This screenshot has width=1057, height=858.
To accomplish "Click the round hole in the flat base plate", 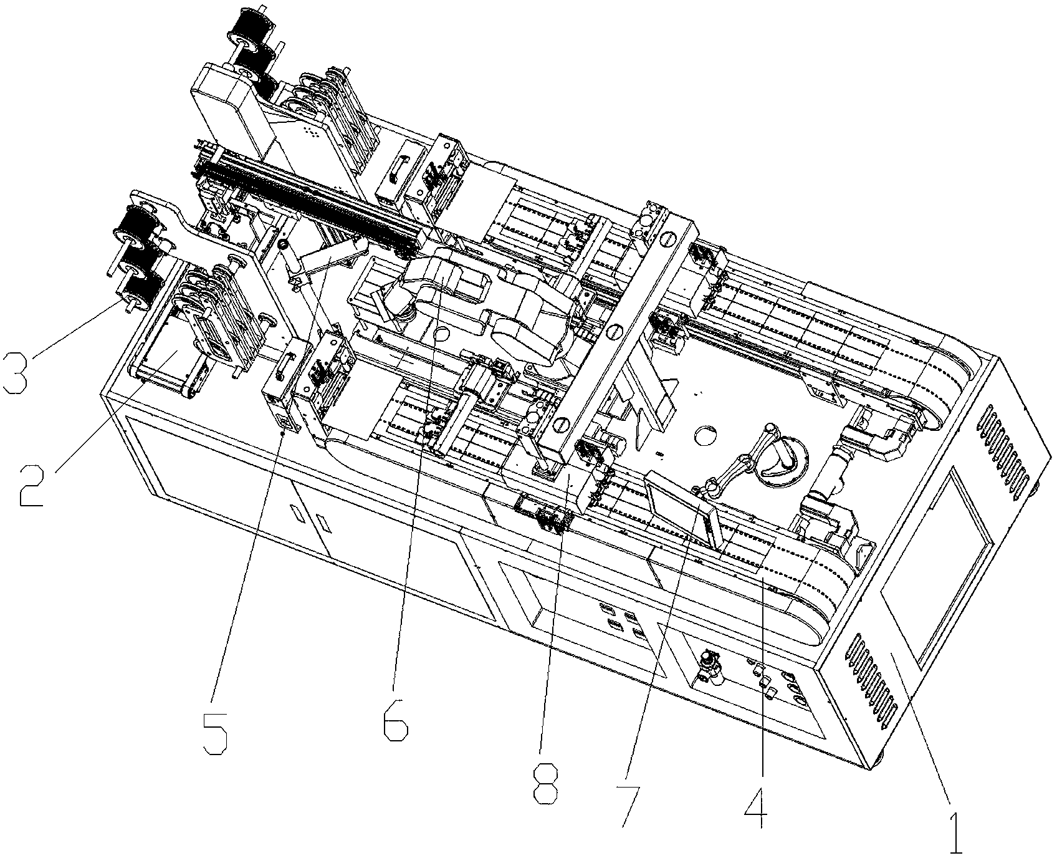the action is [705, 436].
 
